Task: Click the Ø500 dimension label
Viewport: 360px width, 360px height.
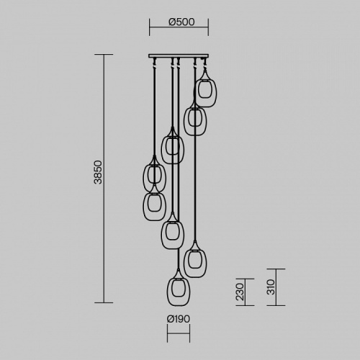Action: tap(181, 22)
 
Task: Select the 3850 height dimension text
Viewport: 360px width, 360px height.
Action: tap(98, 172)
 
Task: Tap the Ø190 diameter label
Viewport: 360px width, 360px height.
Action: tap(179, 319)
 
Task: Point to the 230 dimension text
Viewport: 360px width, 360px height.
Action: tap(240, 292)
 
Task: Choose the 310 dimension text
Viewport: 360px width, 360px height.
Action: tap(271, 287)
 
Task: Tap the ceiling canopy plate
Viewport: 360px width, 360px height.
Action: tap(179, 56)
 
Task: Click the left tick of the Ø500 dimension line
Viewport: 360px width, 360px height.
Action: tap(149, 27)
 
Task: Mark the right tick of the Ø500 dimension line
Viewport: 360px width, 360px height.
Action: tap(208, 27)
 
